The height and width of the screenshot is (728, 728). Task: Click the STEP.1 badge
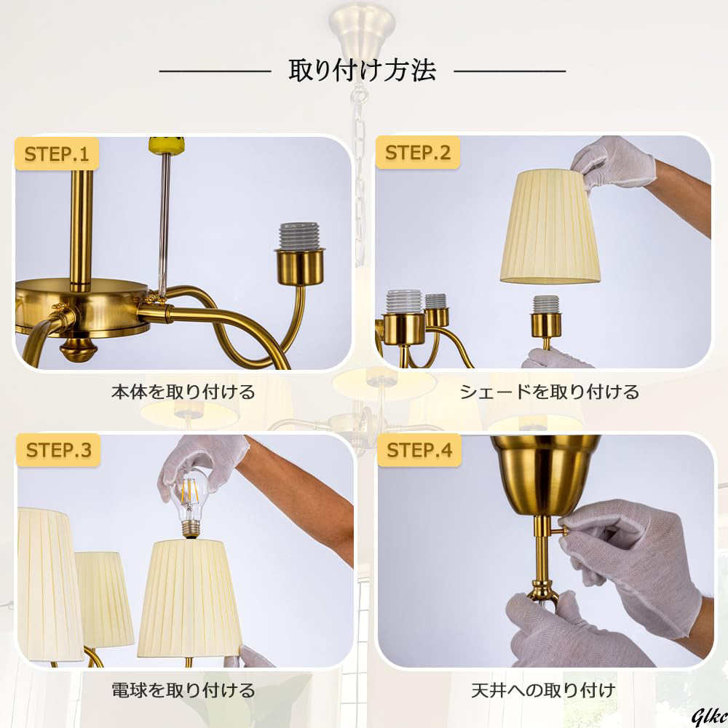[x=57, y=154]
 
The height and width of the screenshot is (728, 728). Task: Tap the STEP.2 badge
[x=417, y=152]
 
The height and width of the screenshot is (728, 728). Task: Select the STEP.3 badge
[x=58, y=450]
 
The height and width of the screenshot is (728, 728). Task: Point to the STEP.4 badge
[x=419, y=450]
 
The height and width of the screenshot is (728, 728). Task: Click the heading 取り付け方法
[x=362, y=71]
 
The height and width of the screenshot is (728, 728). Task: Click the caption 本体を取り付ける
[x=183, y=392]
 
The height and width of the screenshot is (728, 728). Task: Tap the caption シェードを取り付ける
[x=549, y=392]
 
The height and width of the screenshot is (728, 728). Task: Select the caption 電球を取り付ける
[x=183, y=690]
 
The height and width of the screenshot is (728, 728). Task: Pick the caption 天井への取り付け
[x=543, y=690]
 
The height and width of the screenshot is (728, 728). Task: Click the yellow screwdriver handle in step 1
[x=166, y=145]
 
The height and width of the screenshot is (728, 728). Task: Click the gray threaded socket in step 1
[x=299, y=237]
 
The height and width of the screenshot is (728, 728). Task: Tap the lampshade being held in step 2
[x=550, y=226]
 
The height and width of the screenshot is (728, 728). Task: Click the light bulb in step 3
[x=189, y=506]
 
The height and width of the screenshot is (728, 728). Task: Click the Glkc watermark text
[x=709, y=717]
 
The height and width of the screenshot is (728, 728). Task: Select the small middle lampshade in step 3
[x=104, y=599]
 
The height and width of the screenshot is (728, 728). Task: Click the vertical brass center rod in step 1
[x=82, y=230]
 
